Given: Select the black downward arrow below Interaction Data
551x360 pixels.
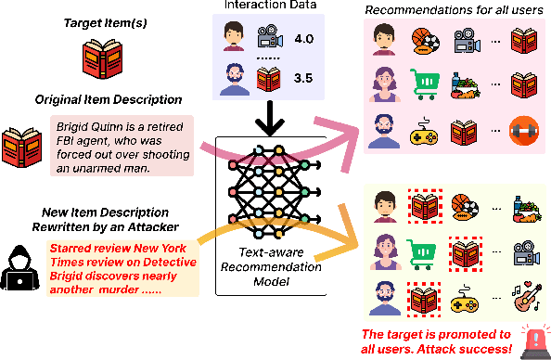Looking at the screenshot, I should (266, 118).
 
